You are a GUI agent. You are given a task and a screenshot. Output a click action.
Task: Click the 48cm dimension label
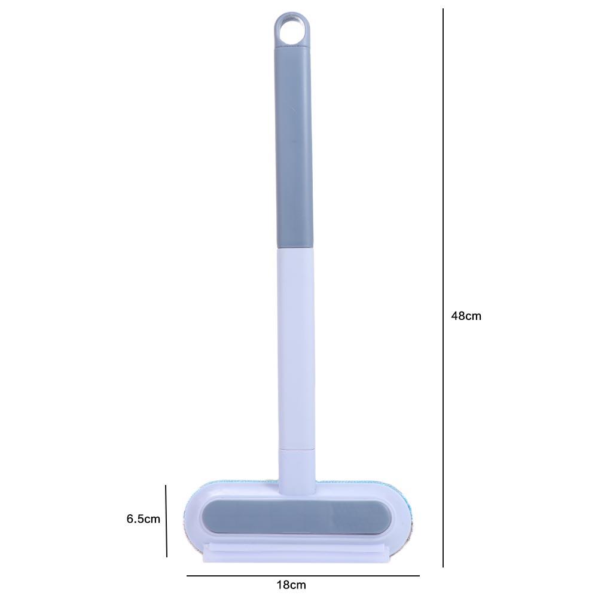point(466,316)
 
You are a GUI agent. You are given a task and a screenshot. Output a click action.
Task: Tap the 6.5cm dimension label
point(144,518)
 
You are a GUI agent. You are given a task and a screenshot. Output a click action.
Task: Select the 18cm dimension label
point(291,585)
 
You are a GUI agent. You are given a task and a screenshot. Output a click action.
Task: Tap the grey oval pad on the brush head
point(297,517)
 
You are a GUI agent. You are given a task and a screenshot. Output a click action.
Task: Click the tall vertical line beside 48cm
point(443,288)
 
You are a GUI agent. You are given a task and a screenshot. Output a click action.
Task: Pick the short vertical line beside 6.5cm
point(166,521)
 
